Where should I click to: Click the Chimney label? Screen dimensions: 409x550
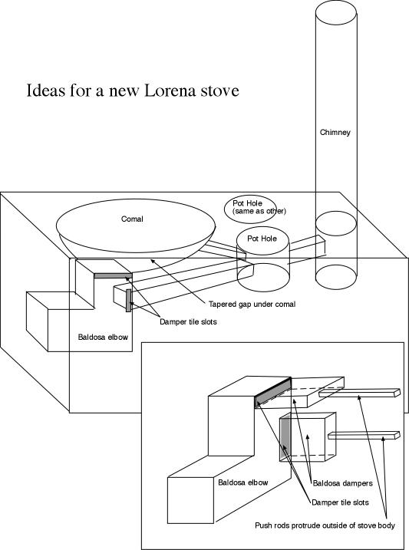coord(335,132)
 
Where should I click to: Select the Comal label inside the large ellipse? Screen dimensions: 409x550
coord(132,219)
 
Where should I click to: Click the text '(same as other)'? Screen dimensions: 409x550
coord(259,211)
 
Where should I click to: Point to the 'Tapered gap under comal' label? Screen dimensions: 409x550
coord(252,304)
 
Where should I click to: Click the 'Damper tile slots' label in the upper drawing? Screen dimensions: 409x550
coord(188,321)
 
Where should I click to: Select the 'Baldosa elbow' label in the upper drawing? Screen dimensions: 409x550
coord(103,337)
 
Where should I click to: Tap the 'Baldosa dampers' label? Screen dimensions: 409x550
coord(342,483)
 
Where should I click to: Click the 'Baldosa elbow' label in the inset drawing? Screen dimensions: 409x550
coord(242,482)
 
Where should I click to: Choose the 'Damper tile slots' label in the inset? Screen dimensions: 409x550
coord(340,502)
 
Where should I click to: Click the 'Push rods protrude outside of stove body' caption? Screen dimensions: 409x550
coord(325,525)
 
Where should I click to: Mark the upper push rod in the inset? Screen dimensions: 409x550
coord(360,393)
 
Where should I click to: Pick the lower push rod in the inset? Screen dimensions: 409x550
coord(364,435)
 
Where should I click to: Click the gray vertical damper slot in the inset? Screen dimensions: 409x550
coord(285,440)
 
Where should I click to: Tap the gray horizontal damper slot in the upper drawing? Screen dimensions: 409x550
coord(113,275)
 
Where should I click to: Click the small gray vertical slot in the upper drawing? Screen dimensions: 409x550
coord(128,300)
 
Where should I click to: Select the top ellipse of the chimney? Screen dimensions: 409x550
coord(336,14)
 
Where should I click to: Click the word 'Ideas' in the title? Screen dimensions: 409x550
coord(46,91)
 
